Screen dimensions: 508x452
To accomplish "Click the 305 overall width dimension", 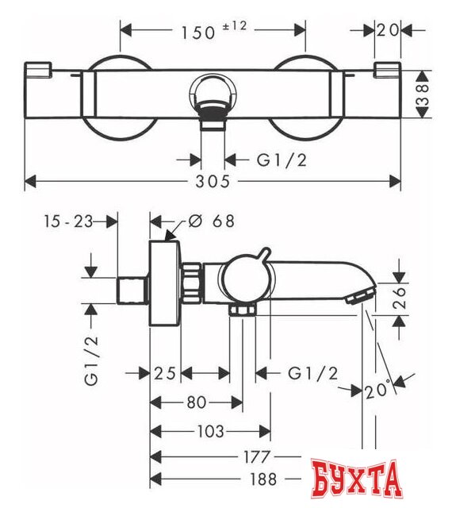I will click(x=211, y=181).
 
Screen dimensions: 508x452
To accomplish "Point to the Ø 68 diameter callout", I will click(x=213, y=221).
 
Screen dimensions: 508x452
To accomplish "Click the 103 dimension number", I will click(x=209, y=431).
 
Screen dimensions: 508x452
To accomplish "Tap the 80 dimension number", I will click(x=196, y=402).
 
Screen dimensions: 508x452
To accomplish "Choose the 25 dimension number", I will click(x=166, y=372).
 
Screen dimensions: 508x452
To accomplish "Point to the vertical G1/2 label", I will click(x=93, y=357).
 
